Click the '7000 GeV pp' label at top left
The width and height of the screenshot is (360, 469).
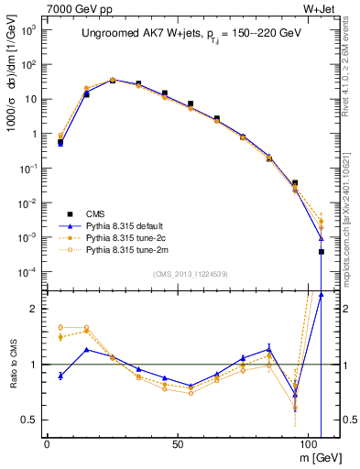74,8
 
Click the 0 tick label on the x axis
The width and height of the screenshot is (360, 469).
47,442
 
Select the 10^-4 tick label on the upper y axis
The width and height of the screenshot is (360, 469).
27,272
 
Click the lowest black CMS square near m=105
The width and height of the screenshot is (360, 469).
322,251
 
